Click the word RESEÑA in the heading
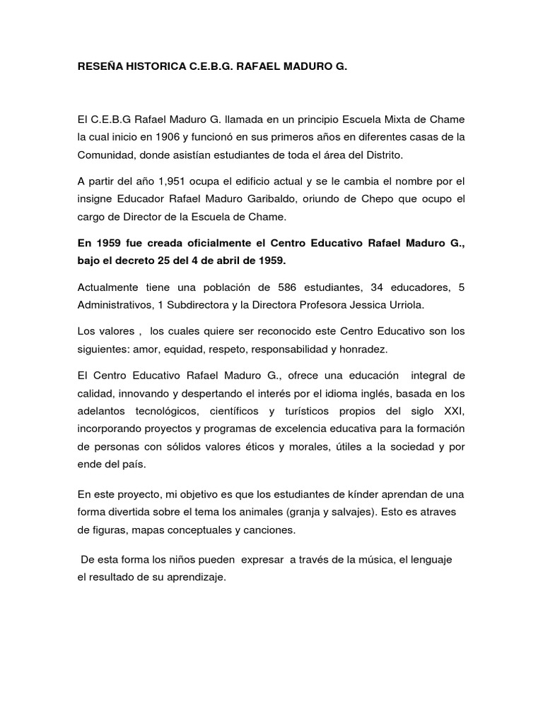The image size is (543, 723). [x=98, y=66]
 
